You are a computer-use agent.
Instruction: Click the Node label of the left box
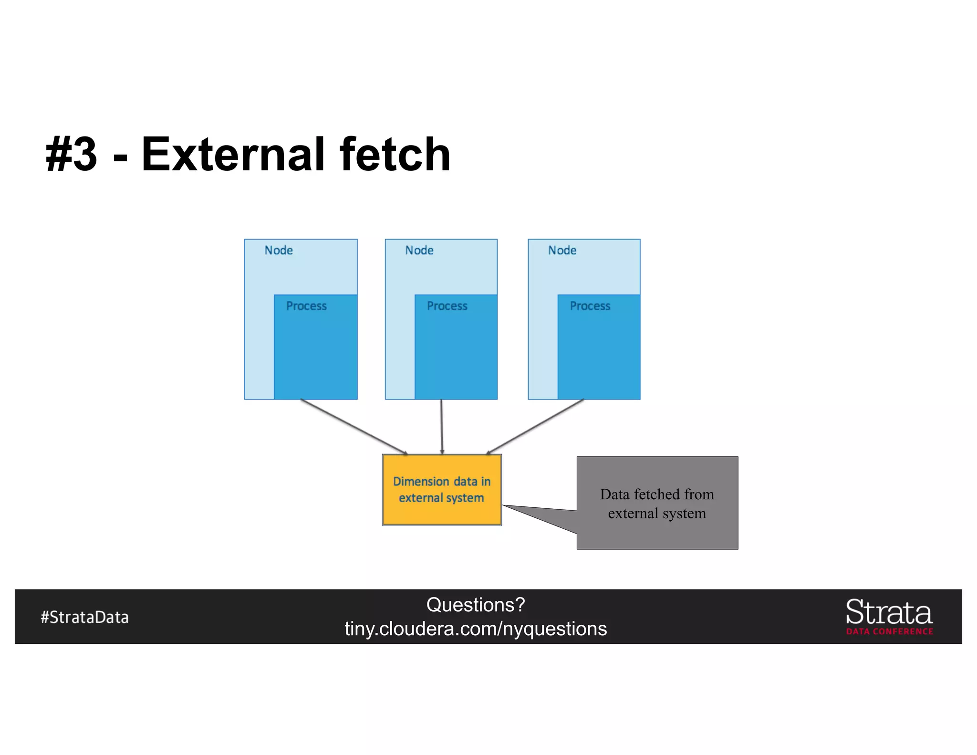279,251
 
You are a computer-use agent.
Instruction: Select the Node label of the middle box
419,251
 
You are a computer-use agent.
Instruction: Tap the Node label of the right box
562,251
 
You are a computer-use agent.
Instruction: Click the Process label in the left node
306,306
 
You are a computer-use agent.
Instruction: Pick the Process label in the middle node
447,306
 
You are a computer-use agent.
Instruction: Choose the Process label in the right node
590,306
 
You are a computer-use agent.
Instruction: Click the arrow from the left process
353,427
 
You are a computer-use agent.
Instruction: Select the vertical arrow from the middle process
442,427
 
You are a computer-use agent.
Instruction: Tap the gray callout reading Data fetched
657,503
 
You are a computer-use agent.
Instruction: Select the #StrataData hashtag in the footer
85,617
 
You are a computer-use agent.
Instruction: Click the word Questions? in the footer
476,605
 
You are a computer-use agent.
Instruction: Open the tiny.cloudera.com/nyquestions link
476,629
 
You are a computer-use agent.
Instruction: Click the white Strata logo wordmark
889,612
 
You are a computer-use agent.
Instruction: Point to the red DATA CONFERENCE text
890,631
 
